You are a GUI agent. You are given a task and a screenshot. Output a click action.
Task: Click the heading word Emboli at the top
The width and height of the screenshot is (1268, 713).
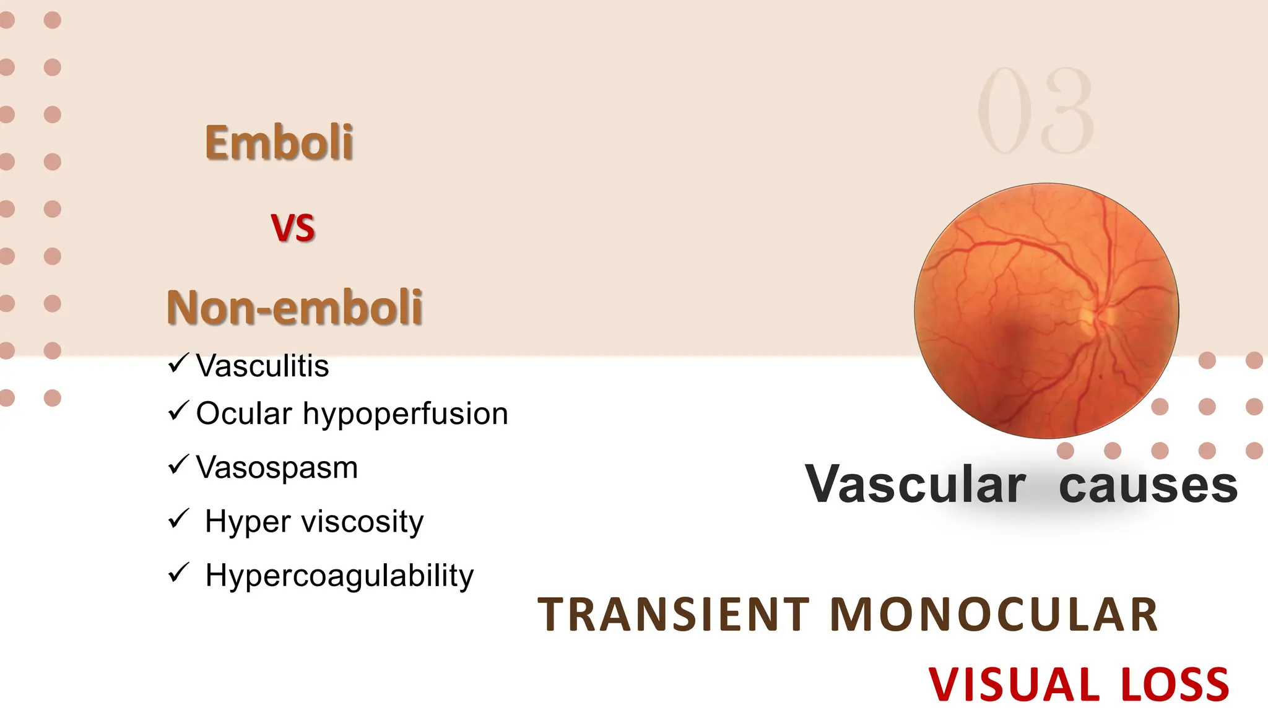tap(279, 143)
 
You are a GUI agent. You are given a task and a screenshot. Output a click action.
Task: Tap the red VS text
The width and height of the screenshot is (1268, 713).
tap(293, 228)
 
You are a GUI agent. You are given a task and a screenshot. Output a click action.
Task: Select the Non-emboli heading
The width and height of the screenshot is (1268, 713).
tap(295, 307)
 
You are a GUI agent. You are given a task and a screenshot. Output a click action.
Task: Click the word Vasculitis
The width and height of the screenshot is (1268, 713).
tap(263, 366)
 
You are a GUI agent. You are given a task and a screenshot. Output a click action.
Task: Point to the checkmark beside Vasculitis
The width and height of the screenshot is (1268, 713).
tap(178, 363)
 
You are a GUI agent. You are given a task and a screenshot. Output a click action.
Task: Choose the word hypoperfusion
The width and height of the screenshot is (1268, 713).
tap(405, 414)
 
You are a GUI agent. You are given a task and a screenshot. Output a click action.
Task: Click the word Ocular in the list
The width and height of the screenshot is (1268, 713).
tap(244, 413)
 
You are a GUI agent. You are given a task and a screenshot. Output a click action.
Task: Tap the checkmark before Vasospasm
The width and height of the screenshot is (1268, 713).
tap(178, 464)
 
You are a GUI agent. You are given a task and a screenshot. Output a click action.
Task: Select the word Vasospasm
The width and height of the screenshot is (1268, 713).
tap(277, 468)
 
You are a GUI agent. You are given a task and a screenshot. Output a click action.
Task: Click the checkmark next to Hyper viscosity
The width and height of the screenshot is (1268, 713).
tap(178, 518)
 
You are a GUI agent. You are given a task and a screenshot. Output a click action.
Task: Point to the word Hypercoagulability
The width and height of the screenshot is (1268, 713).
tap(339, 576)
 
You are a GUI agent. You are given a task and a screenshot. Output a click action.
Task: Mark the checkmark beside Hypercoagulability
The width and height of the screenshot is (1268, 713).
tap(178, 573)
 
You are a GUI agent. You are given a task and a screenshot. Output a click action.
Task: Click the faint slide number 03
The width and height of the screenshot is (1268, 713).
tap(1035, 111)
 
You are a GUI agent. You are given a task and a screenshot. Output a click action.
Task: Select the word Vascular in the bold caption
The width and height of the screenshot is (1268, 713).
tap(915, 485)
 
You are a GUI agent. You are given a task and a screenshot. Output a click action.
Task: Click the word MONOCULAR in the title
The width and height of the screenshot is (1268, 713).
tap(993, 615)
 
